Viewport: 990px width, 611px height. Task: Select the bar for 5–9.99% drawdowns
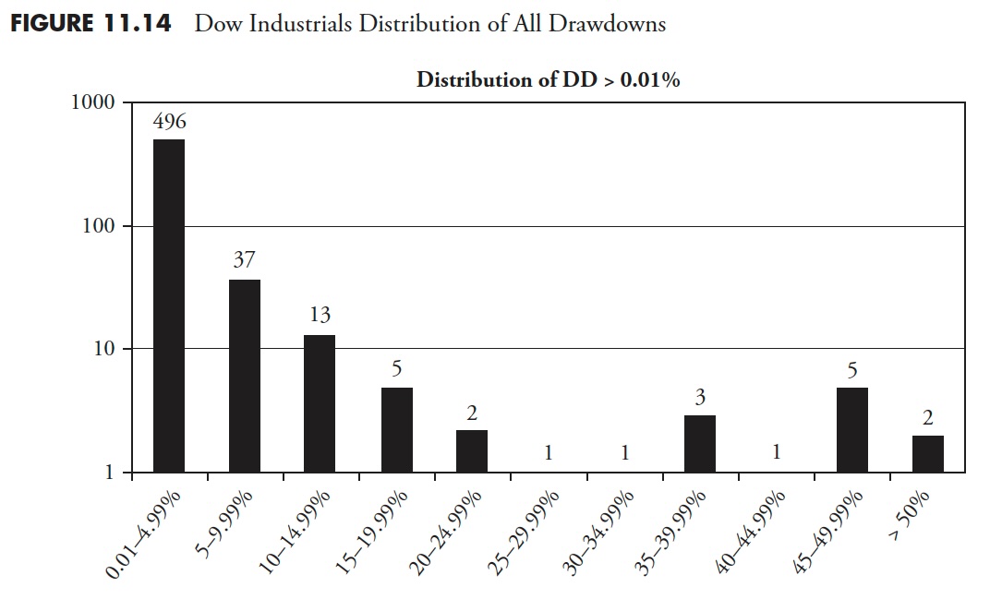click(245, 376)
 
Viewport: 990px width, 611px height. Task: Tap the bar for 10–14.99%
click(320, 403)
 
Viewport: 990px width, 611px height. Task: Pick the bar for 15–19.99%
click(396, 429)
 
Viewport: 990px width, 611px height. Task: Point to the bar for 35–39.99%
click(700, 444)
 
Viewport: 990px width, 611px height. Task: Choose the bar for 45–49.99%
click(851, 429)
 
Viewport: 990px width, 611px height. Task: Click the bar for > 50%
click(927, 453)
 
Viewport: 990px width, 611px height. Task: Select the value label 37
click(244, 261)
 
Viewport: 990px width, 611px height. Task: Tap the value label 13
click(320, 317)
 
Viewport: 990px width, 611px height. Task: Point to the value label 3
click(700, 399)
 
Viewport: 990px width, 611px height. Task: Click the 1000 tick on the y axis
click(92, 102)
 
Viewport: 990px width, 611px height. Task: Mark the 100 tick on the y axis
click(99, 226)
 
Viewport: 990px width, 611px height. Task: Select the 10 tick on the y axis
click(104, 349)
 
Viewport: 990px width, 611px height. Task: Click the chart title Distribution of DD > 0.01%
click(548, 79)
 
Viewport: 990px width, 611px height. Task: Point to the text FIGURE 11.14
click(91, 24)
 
